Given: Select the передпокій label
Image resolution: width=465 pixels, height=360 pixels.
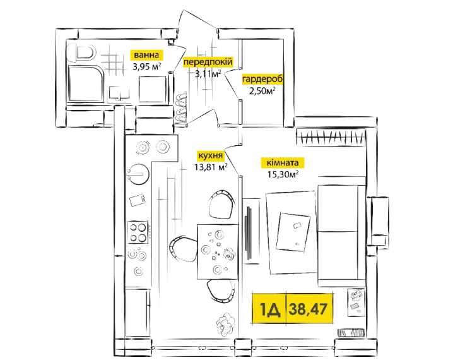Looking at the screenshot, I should pyautogui.click(x=208, y=62).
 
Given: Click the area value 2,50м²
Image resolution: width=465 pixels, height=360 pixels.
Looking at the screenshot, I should pyautogui.click(x=262, y=90).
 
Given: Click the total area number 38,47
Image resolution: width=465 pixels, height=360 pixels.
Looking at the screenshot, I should pyautogui.click(x=309, y=308).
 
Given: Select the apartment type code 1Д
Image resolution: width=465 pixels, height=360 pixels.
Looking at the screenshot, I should pyautogui.click(x=268, y=308).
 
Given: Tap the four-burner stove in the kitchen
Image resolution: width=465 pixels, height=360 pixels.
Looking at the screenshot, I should pyautogui.click(x=139, y=232).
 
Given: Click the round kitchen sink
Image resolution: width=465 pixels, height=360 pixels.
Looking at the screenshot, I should pyautogui.click(x=138, y=171).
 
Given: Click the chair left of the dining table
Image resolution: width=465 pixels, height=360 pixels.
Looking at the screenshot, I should pyautogui.click(x=183, y=249).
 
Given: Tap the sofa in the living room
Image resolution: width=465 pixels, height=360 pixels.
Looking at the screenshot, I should pyautogui.click(x=341, y=234).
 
